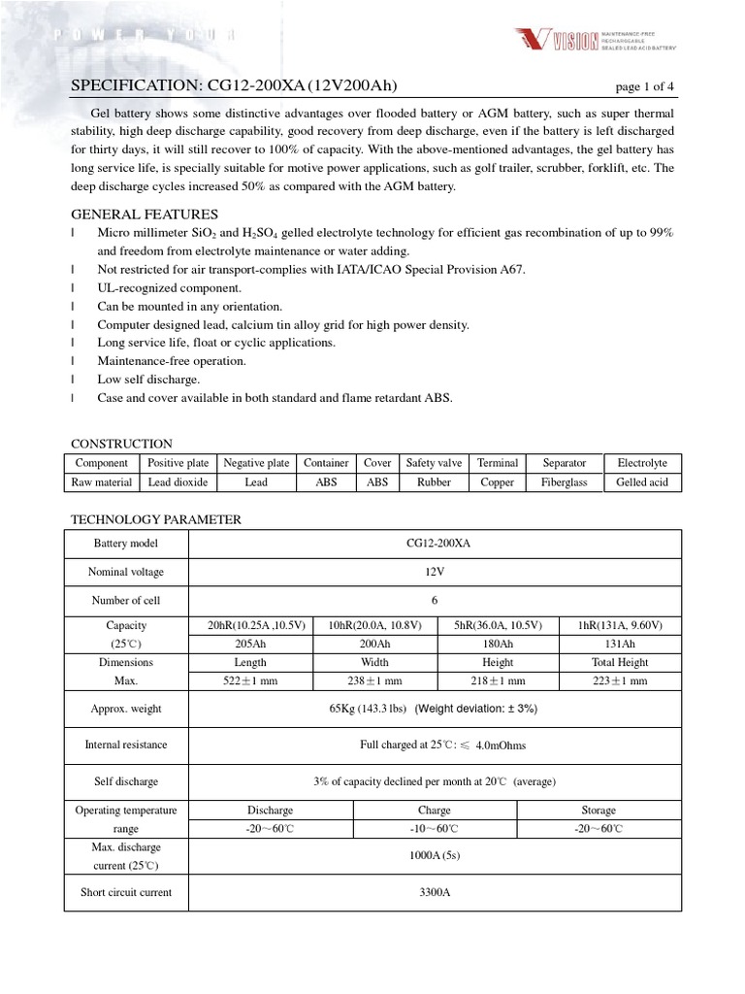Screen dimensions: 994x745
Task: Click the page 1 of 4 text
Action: pos(645,86)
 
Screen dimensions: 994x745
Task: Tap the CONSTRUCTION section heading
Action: pos(121,444)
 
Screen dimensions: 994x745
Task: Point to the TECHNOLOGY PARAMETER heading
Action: pos(156,519)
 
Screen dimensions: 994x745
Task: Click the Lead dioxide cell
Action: pos(178,481)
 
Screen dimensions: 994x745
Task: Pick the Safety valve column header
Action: pos(434,463)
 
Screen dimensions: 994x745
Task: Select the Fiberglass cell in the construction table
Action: pos(564,481)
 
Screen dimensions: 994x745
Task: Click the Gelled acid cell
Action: pos(641,481)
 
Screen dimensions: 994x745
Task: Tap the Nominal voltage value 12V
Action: pos(434,572)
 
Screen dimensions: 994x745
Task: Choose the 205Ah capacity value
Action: pos(250,644)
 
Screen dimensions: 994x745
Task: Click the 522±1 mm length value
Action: pos(250,680)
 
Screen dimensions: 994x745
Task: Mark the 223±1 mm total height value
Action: pos(621,680)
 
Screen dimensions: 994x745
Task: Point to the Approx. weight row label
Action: pos(126,709)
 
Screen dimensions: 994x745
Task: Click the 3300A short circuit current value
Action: pos(434,892)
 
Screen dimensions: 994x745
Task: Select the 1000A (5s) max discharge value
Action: pos(434,855)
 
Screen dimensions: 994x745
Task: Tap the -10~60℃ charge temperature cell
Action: pos(434,828)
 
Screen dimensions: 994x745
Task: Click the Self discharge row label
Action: pos(126,780)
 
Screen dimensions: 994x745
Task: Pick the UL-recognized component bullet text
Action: pos(170,287)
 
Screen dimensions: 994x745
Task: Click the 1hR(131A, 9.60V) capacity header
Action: pos(621,625)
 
